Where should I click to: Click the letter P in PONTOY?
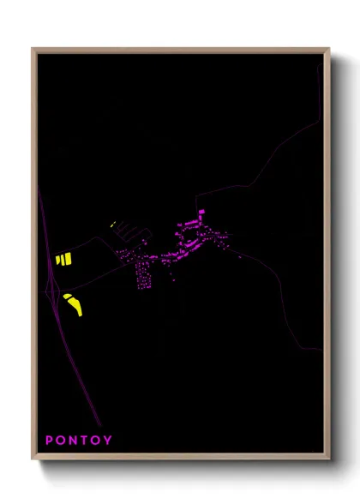click(50, 441)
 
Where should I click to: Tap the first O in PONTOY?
click(62, 441)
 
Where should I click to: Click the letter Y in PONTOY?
click(108, 441)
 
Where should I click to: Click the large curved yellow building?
click(73, 303)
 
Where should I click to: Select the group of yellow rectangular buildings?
click(63, 259)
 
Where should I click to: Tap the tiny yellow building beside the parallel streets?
click(112, 224)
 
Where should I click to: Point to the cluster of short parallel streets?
click(130, 230)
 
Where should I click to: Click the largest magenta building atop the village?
click(201, 213)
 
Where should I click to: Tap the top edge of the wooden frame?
click(180, 50)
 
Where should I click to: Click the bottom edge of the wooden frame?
click(180, 458)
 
